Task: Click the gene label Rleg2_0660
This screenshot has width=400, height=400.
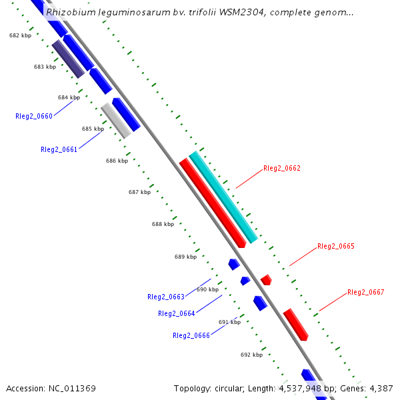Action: click(33, 116)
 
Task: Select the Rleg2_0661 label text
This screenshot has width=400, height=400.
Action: click(59, 150)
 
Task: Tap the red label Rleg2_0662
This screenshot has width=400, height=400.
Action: click(281, 169)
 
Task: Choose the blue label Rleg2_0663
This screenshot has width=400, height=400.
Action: click(165, 297)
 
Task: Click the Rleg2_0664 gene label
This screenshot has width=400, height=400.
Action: click(176, 314)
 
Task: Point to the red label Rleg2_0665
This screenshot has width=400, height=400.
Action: click(335, 247)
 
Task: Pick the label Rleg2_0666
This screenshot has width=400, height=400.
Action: click(191, 335)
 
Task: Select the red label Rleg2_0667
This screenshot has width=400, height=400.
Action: click(365, 293)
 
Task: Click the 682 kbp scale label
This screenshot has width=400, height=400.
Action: click(20, 36)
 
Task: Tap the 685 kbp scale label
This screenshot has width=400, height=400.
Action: click(93, 129)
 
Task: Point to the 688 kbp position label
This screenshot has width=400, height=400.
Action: click(163, 225)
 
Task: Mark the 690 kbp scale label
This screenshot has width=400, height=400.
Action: click(207, 290)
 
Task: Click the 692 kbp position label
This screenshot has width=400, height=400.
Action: click(251, 355)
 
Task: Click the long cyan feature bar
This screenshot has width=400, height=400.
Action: click(223, 197)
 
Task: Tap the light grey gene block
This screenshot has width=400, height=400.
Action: click(115, 120)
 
